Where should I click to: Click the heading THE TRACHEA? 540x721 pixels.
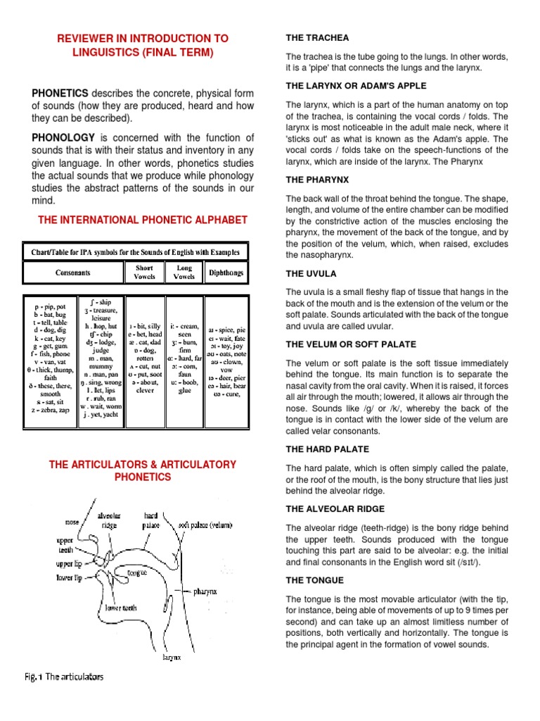[316, 37]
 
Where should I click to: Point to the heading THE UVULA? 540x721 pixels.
[311, 273]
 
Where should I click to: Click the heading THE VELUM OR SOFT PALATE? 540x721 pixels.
[350, 344]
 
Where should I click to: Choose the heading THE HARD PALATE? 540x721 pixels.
[327, 449]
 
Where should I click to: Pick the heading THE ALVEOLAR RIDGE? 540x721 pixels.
[335, 508]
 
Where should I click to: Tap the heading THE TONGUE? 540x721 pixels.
[314, 580]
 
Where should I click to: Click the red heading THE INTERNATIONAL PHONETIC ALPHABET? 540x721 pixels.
[142, 220]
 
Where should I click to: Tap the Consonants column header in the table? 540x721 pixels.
[73, 272]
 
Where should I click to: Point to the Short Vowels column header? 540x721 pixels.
[144, 272]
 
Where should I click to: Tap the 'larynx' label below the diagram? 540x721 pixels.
[171, 657]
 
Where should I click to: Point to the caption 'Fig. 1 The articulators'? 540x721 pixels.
[63, 677]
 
